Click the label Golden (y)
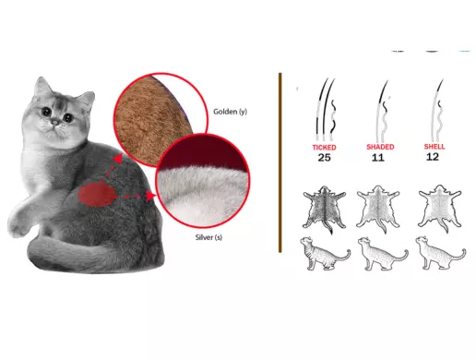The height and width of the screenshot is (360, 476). point(230,112)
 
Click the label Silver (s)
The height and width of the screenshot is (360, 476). point(208,237)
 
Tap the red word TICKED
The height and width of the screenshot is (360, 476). point(324,148)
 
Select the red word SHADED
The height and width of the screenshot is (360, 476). point(380,147)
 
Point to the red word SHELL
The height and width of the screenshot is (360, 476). point(434,147)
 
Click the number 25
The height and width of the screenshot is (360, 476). point(324,158)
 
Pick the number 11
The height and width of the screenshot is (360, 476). point(378,158)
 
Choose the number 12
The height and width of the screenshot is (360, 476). point(433,157)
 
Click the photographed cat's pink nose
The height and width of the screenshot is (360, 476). point(54,123)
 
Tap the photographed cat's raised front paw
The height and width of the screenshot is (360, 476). point(18,224)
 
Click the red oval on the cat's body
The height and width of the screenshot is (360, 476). point(97,195)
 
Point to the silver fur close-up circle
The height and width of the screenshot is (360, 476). point(203,181)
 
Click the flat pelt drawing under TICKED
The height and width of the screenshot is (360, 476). point(325,210)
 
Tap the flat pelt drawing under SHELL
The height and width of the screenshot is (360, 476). point(440,209)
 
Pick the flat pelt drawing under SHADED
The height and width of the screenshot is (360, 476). point(378,210)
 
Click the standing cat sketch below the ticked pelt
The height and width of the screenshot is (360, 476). point(325,254)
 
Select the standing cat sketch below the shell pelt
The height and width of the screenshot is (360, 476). point(440,253)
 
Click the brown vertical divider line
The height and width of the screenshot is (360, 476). point(280,162)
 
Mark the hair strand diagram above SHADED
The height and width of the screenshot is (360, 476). point(382,110)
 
